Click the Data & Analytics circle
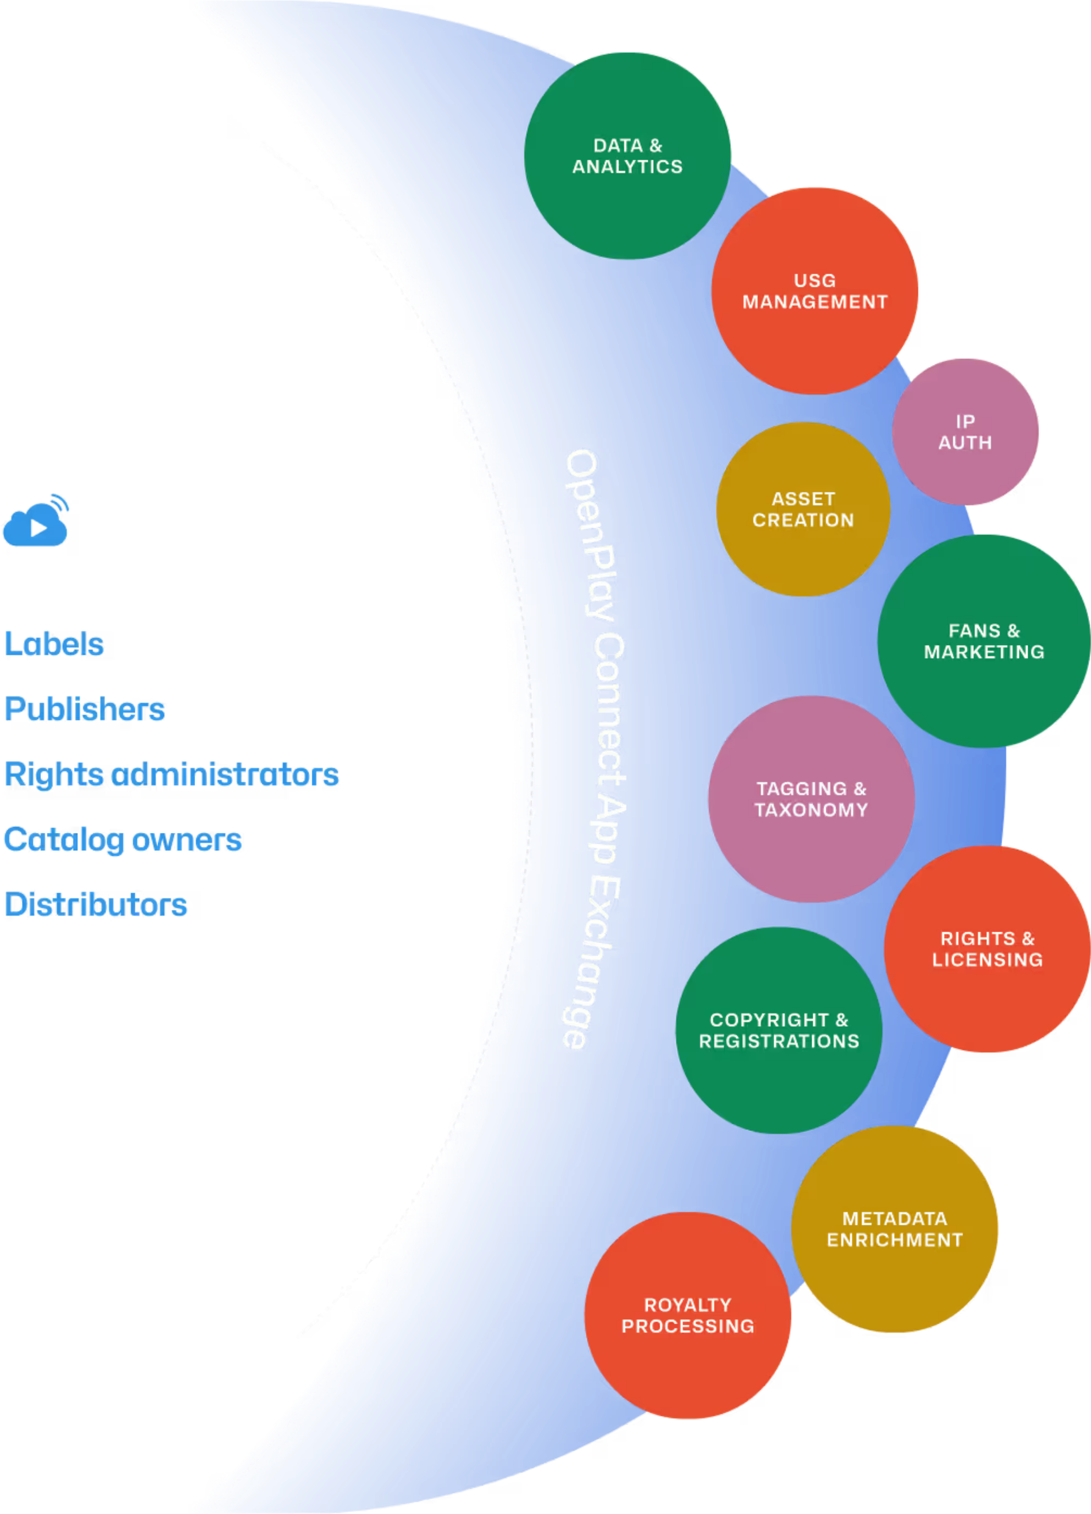click(627, 156)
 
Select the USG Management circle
click(814, 291)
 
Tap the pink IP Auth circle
click(965, 432)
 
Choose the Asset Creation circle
click(803, 509)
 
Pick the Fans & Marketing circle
click(984, 641)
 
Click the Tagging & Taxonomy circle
click(811, 799)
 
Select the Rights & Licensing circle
click(987, 949)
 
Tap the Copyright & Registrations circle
click(779, 1030)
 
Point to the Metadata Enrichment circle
click(894, 1229)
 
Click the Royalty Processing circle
click(687, 1315)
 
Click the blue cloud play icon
click(36, 521)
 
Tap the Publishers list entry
click(85, 709)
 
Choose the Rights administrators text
click(171, 775)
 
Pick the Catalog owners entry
click(123, 840)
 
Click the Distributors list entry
click(96, 905)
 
